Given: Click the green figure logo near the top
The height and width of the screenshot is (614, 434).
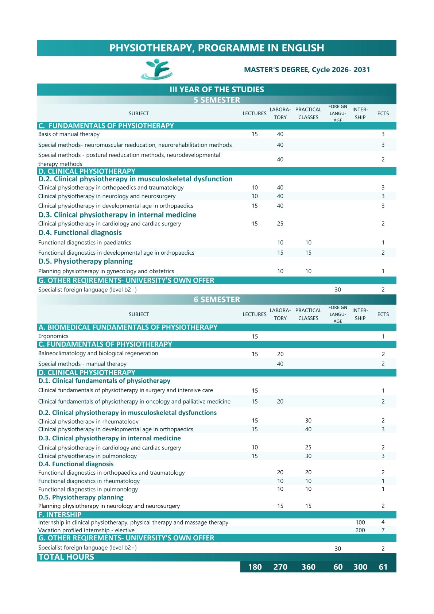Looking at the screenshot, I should click(x=157, y=69).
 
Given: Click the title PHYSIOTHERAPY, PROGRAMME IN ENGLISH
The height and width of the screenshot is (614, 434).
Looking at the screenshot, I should click(x=217, y=48).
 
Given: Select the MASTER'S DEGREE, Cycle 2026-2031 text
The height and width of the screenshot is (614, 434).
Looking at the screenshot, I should click(x=307, y=70).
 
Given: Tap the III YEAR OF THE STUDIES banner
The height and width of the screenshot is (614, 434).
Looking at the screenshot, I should click(x=217, y=89).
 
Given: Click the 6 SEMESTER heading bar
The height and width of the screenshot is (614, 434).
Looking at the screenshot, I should click(x=217, y=300).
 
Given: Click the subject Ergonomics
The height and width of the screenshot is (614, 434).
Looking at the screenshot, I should click(x=53, y=336).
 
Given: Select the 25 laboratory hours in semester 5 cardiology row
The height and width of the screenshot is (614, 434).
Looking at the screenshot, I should click(x=280, y=224).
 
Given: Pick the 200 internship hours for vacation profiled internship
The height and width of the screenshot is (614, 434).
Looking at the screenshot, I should click(x=360, y=530).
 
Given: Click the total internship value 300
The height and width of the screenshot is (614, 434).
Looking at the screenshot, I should click(x=360, y=567).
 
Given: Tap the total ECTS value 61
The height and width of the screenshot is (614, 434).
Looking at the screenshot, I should click(x=383, y=567).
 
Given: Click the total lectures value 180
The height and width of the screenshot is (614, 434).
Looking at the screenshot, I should click(x=255, y=567).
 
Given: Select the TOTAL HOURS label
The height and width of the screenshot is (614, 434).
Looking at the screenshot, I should click(x=66, y=557).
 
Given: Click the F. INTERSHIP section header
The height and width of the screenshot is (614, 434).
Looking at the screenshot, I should click(x=60, y=515).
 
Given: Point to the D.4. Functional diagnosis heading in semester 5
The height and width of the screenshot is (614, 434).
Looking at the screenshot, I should click(x=80, y=233).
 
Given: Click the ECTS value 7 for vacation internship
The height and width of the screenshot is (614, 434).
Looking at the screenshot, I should click(x=383, y=530).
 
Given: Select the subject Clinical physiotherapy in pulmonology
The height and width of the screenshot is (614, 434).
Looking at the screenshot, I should click(x=88, y=456).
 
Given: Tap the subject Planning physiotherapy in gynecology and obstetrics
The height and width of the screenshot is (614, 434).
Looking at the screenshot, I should click(x=106, y=271).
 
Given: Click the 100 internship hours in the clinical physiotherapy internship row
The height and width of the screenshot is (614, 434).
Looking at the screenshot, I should click(x=360, y=522).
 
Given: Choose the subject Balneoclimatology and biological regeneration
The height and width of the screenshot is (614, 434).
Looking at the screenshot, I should click(x=98, y=353).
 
